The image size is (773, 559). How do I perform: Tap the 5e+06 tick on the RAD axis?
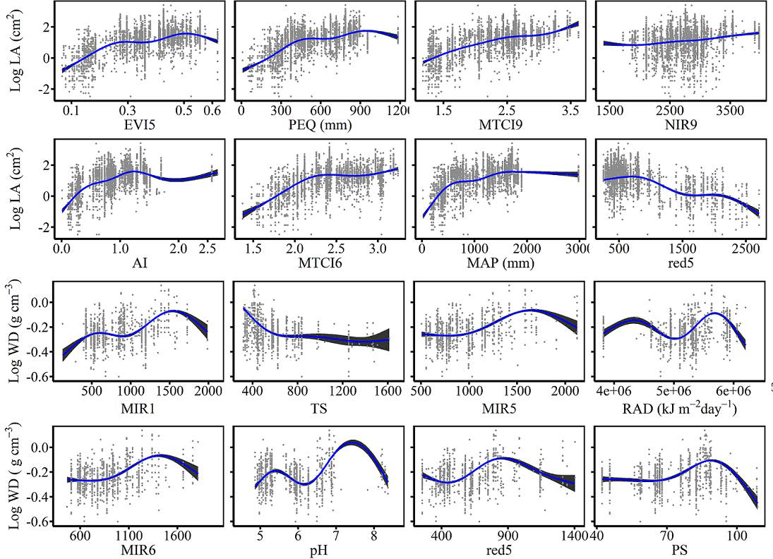(673, 391)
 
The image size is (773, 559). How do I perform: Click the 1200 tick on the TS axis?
(342, 391)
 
